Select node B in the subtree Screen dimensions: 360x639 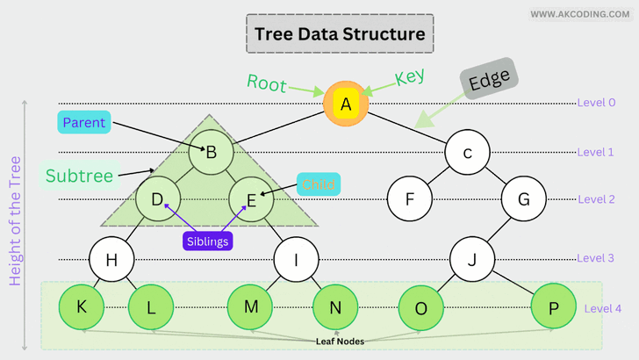[x=211, y=152]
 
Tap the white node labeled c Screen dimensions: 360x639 [x=467, y=153]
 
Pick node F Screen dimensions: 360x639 [x=409, y=198]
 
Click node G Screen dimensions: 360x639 [x=524, y=198]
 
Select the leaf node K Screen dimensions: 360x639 [x=82, y=306]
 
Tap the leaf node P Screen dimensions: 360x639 [x=554, y=306]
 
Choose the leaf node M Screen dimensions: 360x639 [x=250, y=306]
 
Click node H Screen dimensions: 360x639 [x=111, y=259]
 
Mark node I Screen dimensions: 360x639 [x=296, y=259]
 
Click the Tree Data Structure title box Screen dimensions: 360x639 [x=339, y=34]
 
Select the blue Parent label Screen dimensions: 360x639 [x=84, y=123]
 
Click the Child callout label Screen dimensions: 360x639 [x=318, y=184]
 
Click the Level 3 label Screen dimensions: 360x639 [x=595, y=258]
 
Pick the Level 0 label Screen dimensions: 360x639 [x=596, y=103]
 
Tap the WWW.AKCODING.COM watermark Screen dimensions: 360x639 [x=579, y=14]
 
